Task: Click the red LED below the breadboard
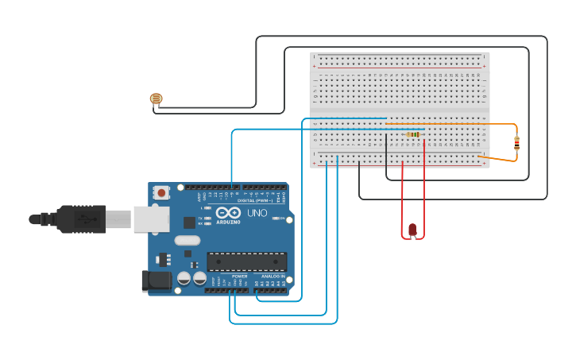point(412,230)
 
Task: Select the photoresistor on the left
point(156,99)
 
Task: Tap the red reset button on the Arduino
point(162,192)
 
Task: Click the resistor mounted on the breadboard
point(413,135)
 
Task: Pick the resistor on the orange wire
point(517,143)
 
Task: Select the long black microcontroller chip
point(246,261)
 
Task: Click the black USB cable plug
point(79,219)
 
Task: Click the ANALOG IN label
point(273,276)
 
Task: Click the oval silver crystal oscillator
point(188,240)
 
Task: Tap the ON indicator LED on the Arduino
point(277,218)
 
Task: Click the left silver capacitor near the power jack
point(184,278)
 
